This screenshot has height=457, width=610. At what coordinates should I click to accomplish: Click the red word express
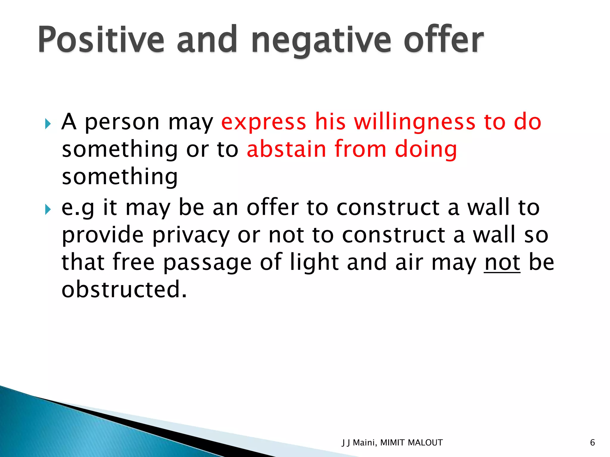264,122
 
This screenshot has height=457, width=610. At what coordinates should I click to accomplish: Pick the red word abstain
286,149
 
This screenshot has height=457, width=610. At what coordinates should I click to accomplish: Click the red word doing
426,149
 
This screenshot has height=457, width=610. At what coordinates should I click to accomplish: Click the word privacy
191,235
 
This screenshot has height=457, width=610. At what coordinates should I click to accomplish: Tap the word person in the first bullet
122,122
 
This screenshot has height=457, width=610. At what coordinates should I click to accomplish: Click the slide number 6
592,443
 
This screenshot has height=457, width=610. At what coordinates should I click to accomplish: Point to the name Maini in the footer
364,443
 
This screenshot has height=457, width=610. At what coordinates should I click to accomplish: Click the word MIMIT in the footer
392,443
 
